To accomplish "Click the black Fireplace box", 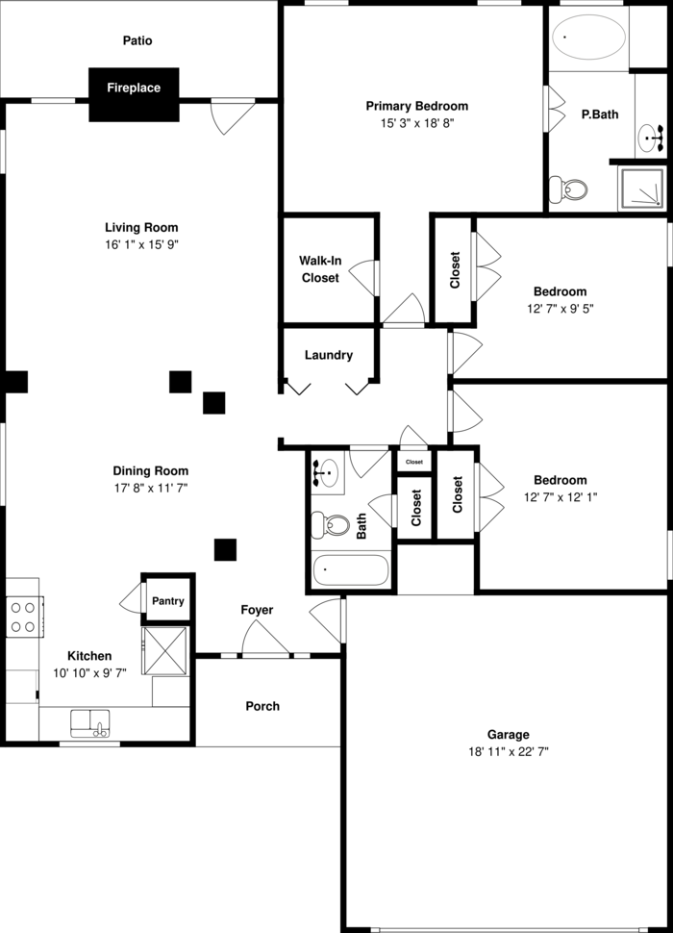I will (134, 93).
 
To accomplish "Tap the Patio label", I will (137, 41).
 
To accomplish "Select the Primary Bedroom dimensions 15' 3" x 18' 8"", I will (416, 124).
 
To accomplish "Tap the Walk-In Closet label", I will (320, 269).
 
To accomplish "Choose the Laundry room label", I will (328, 355).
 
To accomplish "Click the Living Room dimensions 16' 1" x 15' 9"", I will (141, 245).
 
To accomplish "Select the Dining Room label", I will (151, 471).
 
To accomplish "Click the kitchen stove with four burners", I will (25, 617).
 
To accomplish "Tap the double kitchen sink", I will (91, 721).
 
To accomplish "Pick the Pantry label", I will (167, 601).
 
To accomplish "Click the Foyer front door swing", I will (264, 639).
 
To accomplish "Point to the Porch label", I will (262, 706).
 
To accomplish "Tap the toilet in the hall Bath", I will (332, 524).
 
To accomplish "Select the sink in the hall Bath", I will (328, 471).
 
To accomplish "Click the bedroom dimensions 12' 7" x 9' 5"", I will (560, 309).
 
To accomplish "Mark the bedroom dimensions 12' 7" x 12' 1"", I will (561, 497).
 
